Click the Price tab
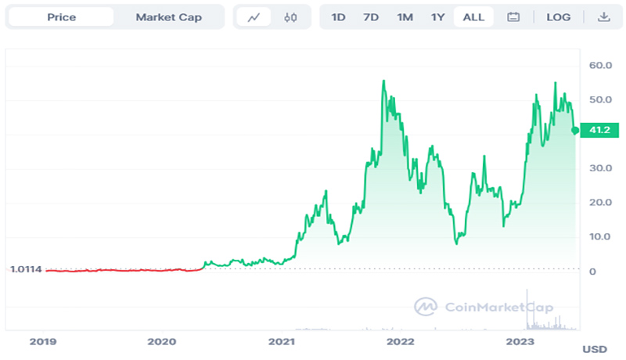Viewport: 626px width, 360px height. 61,17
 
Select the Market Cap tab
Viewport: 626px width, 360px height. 168,17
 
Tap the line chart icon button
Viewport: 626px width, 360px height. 253,17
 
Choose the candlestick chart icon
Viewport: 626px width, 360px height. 290,17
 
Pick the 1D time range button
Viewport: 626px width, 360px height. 338,17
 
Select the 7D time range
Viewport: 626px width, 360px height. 371,17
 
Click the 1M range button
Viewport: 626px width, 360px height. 405,17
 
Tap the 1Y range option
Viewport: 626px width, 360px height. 438,17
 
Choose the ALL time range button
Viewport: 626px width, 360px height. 473,17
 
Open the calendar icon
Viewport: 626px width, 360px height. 513,17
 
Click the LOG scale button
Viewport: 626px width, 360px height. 559,17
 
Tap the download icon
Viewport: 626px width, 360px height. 603,17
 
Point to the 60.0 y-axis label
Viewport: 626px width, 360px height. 600,66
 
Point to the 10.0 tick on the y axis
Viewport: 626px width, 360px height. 600,236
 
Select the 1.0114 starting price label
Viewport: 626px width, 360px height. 26,270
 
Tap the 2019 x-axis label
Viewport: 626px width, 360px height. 42,341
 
